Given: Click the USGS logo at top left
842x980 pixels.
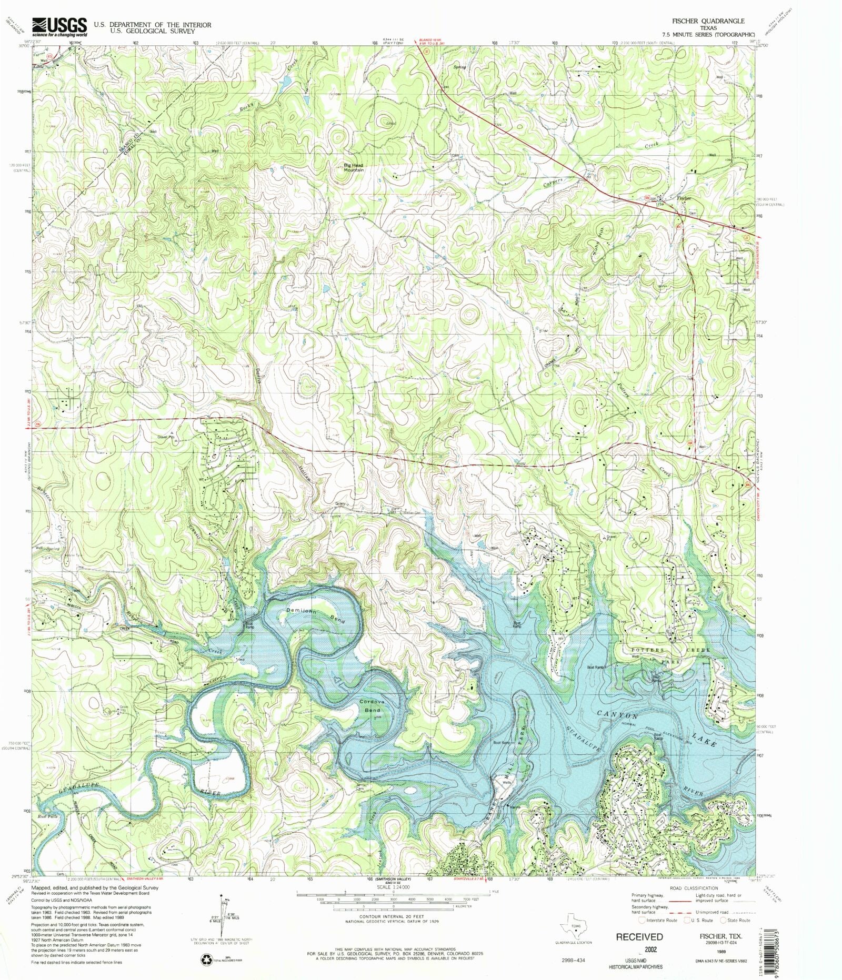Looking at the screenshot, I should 59,26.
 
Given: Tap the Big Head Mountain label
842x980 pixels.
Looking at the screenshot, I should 354,167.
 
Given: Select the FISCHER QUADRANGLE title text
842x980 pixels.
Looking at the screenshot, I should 708,21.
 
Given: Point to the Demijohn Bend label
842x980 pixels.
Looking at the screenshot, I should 316,614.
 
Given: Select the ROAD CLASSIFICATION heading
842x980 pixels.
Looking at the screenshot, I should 694,888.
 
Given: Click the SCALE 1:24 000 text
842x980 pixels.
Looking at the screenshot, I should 393,887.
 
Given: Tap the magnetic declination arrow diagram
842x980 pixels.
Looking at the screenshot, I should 221,915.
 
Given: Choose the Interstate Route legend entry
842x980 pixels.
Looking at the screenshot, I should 658,920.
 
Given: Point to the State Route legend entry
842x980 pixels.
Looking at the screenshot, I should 736,920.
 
